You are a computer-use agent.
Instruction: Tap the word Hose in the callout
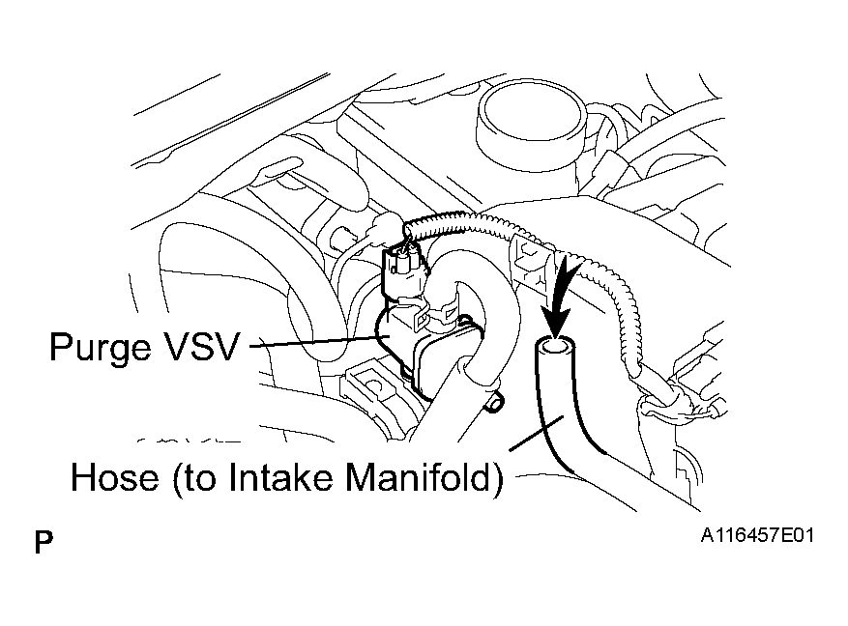tap(115, 477)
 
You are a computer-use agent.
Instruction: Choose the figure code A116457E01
tap(757, 535)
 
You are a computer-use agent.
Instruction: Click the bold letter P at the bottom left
tap(44, 542)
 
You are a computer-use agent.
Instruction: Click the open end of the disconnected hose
tap(555, 346)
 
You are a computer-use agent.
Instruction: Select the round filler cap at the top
tap(531, 122)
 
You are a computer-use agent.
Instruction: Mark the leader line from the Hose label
tap(536, 432)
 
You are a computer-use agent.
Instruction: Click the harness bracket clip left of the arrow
tap(533, 259)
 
